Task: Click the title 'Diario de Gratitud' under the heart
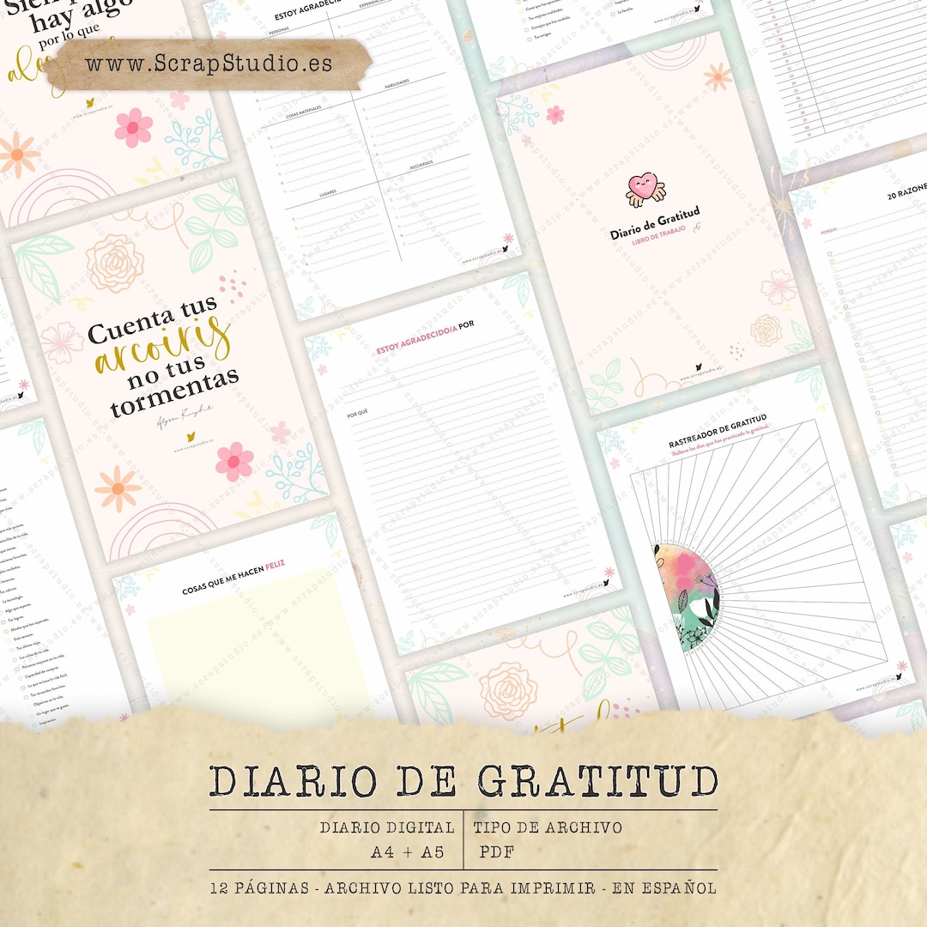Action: coord(655,222)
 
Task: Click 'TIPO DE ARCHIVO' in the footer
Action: coord(548,828)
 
